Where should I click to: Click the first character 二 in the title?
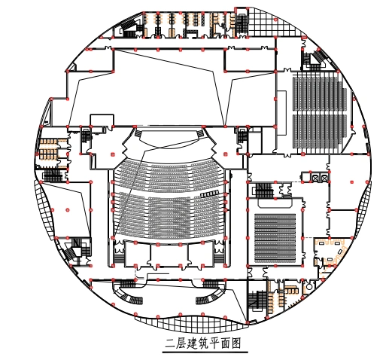click(169, 343)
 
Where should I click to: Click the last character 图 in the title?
click(236, 343)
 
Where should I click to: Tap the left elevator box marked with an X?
click(315, 178)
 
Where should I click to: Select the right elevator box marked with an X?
click(324, 178)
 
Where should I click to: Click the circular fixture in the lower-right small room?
click(309, 286)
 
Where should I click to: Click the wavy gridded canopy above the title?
click(190, 322)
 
